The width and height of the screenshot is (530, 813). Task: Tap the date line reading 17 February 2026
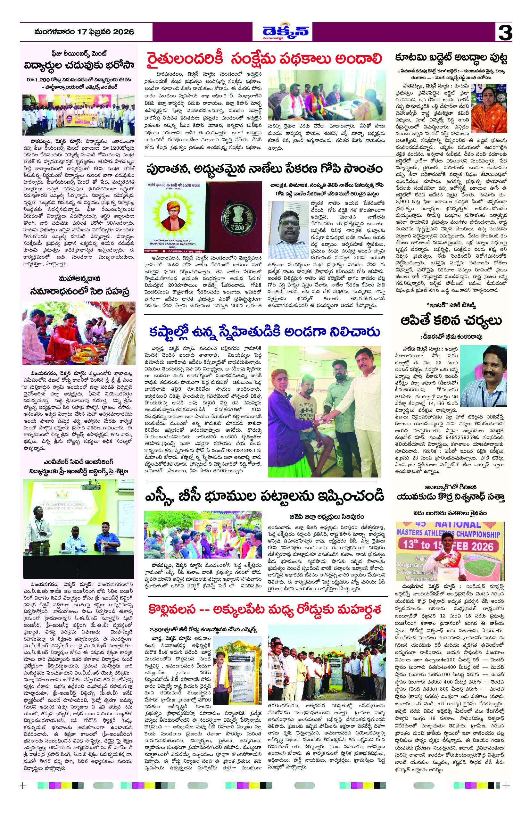click(84, 32)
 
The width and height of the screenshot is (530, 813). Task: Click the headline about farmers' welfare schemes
click(264, 58)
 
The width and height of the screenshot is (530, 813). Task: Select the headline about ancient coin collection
click(264, 169)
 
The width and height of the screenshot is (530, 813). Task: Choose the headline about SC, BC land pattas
click(264, 495)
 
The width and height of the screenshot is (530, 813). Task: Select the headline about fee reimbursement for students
click(79, 65)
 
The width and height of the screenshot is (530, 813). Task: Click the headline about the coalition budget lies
click(451, 58)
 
